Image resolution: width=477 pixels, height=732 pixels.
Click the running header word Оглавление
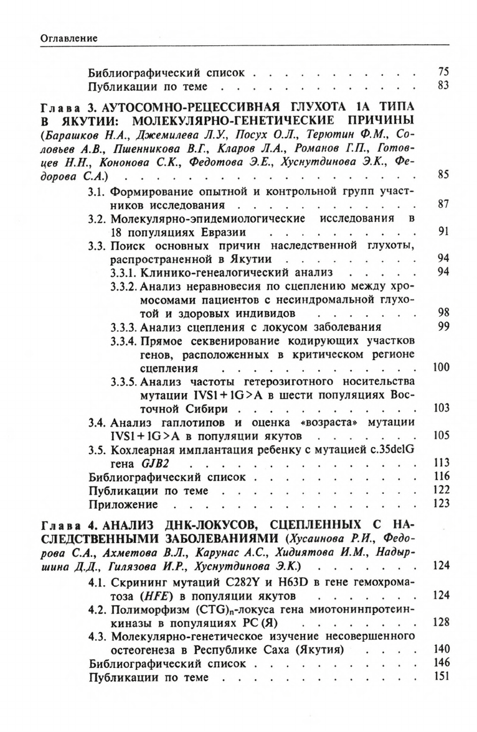click(x=68, y=39)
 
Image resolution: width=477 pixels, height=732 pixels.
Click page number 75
click(x=443, y=72)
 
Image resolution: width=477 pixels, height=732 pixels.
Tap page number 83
click(x=443, y=86)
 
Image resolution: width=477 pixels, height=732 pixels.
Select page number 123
click(x=441, y=504)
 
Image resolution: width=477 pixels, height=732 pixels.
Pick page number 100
click(x=441, y=368)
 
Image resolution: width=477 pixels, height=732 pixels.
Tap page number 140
click(x=441, y=649)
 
